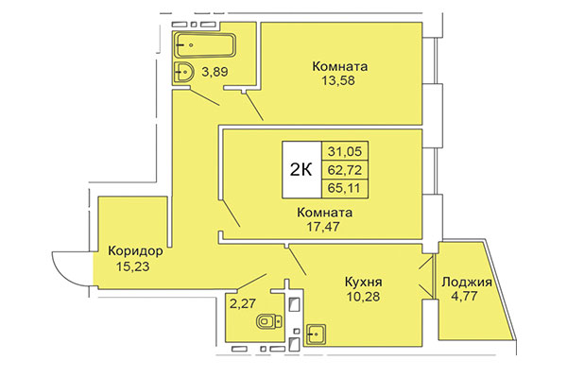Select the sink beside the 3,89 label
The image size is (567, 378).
185,72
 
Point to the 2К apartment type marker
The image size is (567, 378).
301,169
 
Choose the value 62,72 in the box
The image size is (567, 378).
346,170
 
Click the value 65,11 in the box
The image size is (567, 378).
346,188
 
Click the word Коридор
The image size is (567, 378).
136,252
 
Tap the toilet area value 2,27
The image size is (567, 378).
244,304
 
